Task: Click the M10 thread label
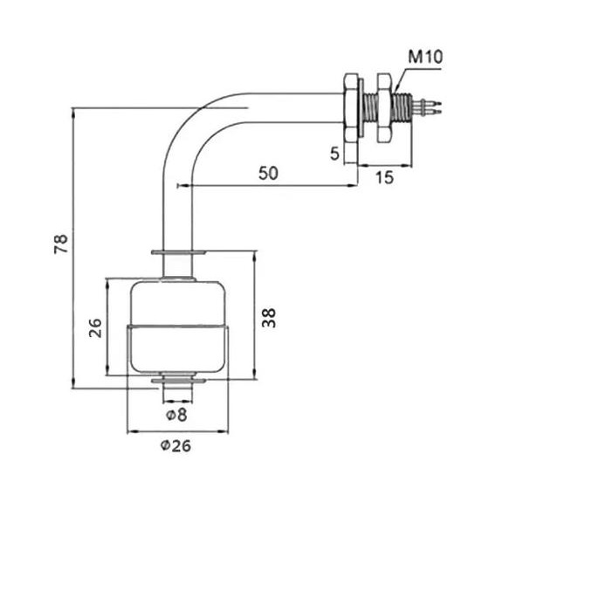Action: (426, 58)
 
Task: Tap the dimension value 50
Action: (268, 173)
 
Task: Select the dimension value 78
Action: (60, 245)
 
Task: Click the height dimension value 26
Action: (95, 327)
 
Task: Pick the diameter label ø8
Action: (176, 413)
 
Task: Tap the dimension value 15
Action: (384, 177)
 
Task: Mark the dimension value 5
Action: (335, 154)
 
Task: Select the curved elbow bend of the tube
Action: (188, 127)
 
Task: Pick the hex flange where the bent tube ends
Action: (350, 107)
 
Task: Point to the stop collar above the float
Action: (178, 254)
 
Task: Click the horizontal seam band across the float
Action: (179, 328)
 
